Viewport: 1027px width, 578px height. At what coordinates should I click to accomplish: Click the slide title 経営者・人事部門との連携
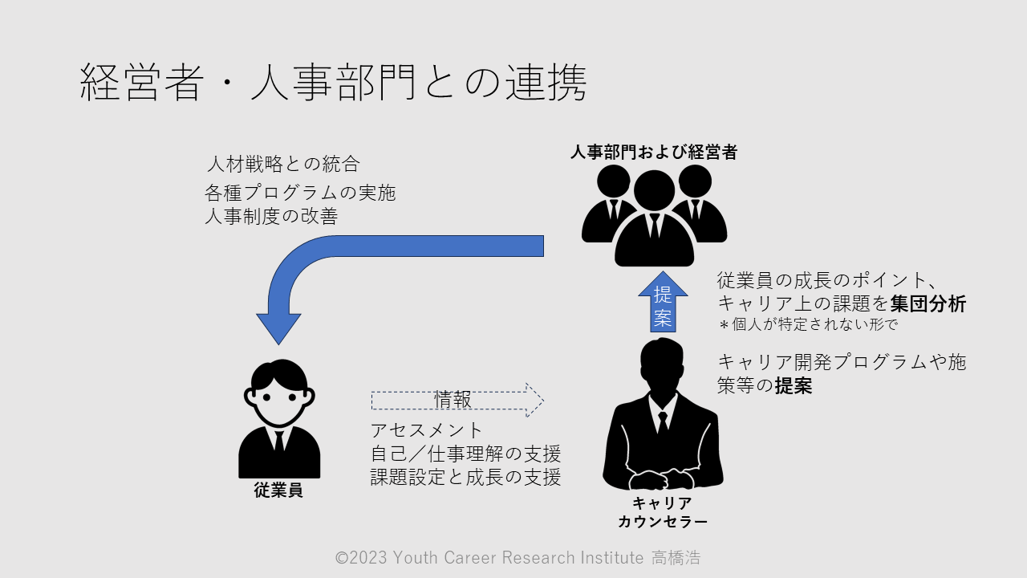tap(333, 83)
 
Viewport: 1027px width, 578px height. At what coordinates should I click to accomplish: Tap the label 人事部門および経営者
tap(653, 152)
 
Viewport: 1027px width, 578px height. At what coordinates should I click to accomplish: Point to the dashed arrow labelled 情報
tap(457, 399)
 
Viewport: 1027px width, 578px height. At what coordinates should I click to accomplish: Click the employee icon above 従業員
tap(279, 417)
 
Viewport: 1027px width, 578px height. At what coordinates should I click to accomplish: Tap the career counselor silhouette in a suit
tap(663, 417)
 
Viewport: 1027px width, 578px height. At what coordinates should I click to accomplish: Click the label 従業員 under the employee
tap(278, 490)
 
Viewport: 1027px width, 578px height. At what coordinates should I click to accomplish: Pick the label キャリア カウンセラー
tap(663, 512)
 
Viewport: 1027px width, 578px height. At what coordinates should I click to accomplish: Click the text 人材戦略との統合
tap(283, 165)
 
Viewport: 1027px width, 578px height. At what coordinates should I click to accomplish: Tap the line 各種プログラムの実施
tap(300, 193)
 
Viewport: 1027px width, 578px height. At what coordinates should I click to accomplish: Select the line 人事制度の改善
tap(271, 216)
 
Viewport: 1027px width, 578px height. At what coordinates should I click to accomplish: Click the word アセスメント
tap(428, 429)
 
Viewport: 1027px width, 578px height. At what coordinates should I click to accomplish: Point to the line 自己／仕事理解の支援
tap(465, 453)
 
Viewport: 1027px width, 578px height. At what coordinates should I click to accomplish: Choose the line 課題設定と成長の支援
tap(465, 476)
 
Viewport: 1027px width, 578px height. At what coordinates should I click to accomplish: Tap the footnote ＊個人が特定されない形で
tap(806, 325)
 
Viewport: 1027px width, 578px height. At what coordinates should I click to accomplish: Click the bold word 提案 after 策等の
tap(794, 386)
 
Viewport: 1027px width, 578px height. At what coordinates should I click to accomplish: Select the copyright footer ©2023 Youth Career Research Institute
tap(518, 558)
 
